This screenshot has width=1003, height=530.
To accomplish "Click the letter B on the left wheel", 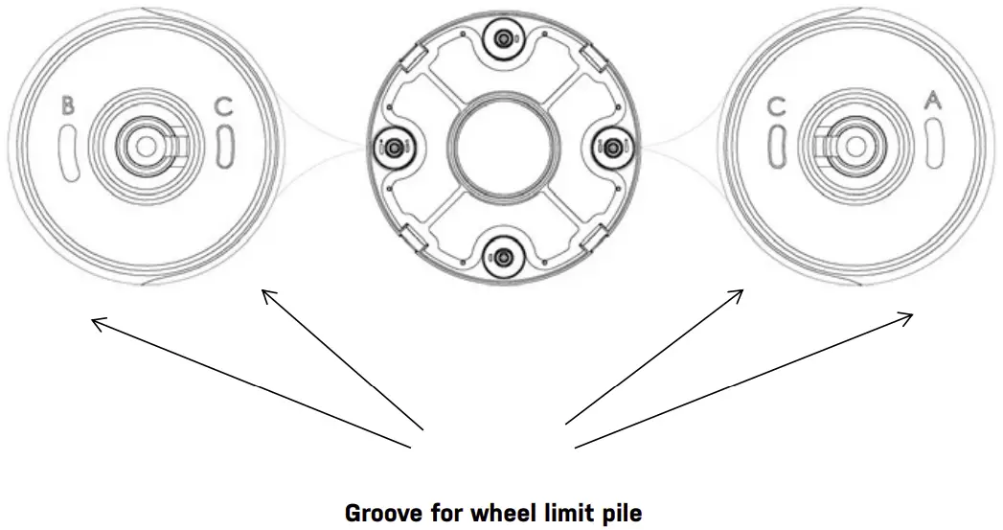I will (67, 106).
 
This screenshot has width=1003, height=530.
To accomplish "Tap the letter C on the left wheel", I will (222, 106).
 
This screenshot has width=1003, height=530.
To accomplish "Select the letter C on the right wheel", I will (778, 106).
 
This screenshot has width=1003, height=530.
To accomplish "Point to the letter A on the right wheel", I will (931, 100).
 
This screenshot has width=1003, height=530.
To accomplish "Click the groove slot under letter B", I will (67, 150).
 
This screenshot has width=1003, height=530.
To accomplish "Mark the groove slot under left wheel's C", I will (224, 149).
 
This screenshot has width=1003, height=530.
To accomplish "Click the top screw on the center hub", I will (503, 38).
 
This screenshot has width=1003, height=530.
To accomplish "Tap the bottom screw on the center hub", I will (503, 255).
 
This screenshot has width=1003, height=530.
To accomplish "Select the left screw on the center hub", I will (394, 147).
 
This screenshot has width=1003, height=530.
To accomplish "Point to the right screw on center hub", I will (611, 146).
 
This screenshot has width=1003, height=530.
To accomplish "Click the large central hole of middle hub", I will (502, 147).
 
